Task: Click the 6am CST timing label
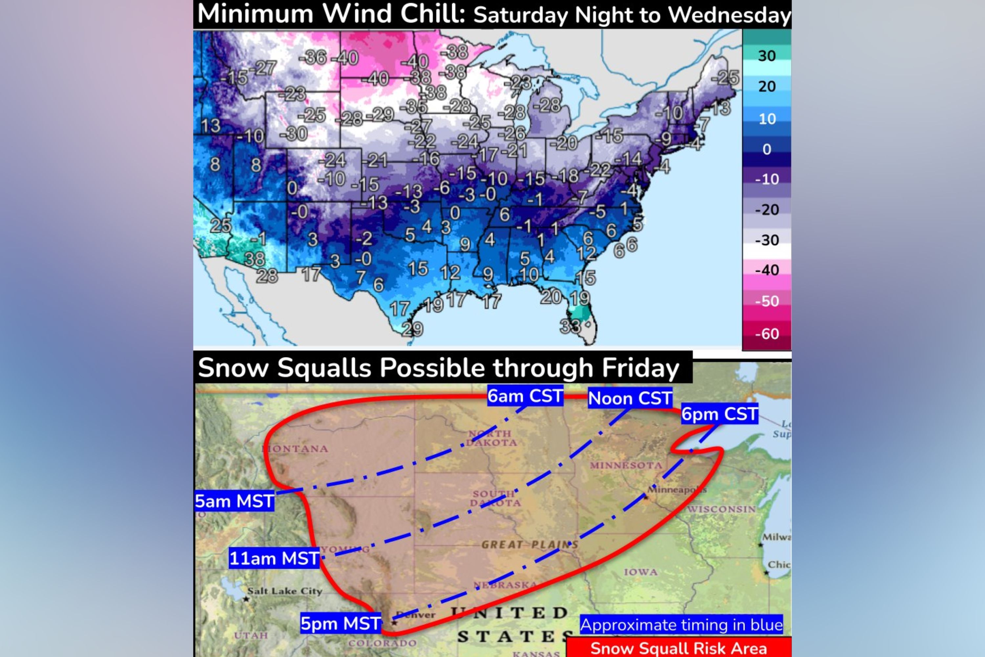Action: [525, 396]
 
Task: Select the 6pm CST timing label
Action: [719, 414]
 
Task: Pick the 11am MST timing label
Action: [274, 558]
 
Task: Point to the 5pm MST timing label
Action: [340, 623]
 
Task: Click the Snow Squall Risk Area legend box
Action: [678, 648]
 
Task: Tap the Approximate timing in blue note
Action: [681, 625]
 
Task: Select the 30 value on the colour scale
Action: [766, 56]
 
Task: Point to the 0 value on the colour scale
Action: [766, 149]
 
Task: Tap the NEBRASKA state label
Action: [505, 584]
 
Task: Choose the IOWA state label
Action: [640, 572]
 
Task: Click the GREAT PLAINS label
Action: [529, 545]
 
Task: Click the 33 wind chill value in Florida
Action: [570, 326]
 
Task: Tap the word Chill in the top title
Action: [433, 14]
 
